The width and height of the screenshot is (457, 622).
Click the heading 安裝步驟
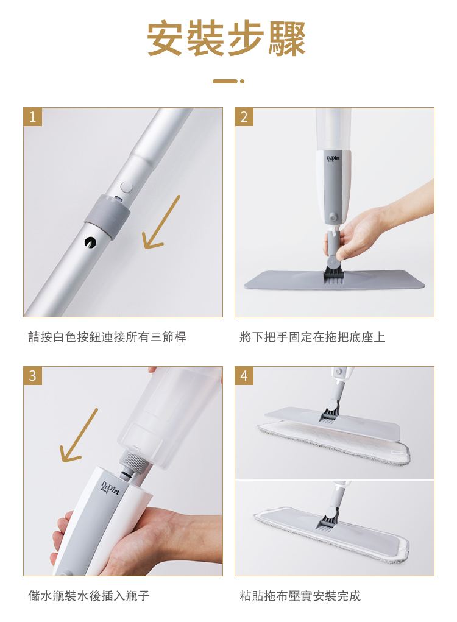pos(227,38)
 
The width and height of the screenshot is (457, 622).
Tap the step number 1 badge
pos(32,116)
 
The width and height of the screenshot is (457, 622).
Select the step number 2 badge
pos(244,116)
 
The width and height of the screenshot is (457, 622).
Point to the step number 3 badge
pos(32,375)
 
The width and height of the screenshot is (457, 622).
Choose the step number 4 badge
pos(244,375)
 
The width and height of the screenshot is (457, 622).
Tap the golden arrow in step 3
pos(79,436)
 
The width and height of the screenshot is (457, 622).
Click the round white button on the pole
pos(126,187)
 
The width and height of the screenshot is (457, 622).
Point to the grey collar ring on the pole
pos(107,216)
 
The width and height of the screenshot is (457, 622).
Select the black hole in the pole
pos(90,242)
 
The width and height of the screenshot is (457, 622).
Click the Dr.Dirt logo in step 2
pos(333,158)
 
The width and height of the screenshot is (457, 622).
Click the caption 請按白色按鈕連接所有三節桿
pos(107,337)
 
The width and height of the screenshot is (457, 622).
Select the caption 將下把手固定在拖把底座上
pos(312,337)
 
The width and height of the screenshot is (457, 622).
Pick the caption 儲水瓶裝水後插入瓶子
pos(89,596)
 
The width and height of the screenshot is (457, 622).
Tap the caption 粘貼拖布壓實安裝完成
pos(300,596)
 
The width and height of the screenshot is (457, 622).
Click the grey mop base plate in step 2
pos(334,280)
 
